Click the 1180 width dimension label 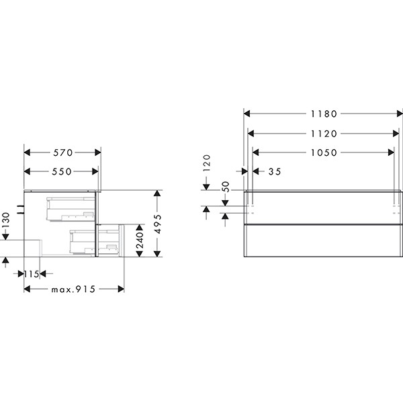(324, 114)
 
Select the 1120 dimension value (324, 134)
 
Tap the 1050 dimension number (324, 152)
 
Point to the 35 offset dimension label (275, 171)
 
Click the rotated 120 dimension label (207, 163)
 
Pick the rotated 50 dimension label (225, 186)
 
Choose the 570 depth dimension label (63, 152)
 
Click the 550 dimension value (62, 171)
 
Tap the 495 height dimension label (158, 224)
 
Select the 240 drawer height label (140, 240)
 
